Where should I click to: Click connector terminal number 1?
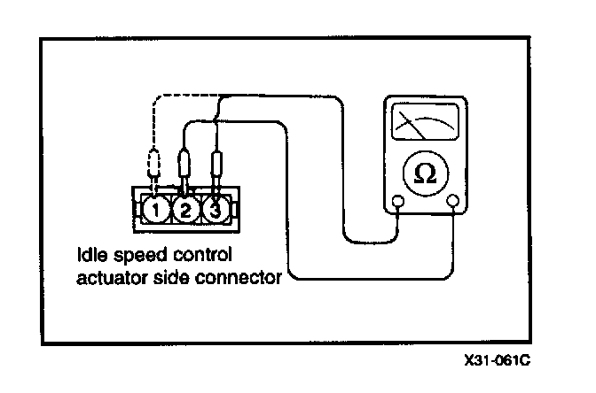pyautogui.click(x=155, y=211)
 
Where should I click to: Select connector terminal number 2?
pyautogui.click(x=184, y=211)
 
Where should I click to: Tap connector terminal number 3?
pyautogui.click(x=214, y=211)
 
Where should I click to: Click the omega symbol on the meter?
pyautogui.click(x=425, y=173)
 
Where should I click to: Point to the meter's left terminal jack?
pyautogui.click(x=398, y=203)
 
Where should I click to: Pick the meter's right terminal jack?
pyautogui.click(x=454, y=203)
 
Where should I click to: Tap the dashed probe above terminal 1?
pyautogui.click(x=155, y=166)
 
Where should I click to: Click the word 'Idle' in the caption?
pyautogui.click(x=90, y=257)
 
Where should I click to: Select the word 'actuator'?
pyautogui.click(x=109, y=277)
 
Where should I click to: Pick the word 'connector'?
pyautogui.click(x=239, y=277)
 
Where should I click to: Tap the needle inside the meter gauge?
pyautogui.click(x=413, y=125)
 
